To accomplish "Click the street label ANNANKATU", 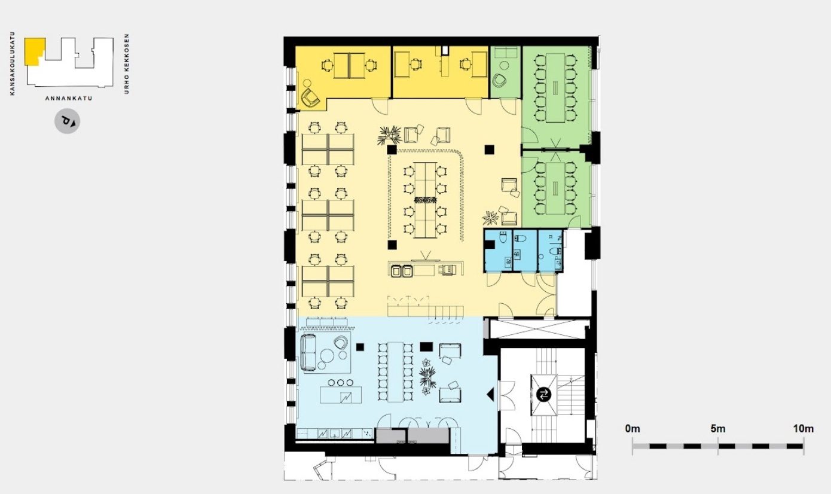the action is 69,98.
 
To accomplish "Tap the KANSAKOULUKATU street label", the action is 13,63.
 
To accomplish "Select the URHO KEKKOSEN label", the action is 127,64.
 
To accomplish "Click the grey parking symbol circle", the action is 67,121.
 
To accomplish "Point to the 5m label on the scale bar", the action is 718,429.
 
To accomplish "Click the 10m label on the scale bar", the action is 803,429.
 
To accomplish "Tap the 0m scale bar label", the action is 633,429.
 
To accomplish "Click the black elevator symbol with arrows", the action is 544,394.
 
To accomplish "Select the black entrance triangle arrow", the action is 490,394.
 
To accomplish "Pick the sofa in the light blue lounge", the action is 308,352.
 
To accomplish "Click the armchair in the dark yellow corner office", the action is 310,98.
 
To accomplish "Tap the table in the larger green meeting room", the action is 555,87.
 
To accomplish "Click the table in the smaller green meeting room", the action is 555,188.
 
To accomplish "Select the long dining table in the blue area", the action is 395,372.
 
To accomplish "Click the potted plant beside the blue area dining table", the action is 427,377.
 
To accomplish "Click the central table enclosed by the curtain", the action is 425,200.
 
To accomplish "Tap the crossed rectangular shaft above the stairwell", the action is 539,329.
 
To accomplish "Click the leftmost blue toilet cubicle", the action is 498,251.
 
